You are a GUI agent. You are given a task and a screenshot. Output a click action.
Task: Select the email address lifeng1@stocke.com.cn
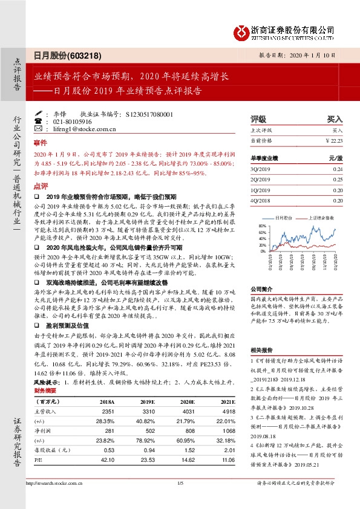[x=75, y=129]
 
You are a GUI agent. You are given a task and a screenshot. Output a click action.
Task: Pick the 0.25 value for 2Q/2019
[x=337, y=180]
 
